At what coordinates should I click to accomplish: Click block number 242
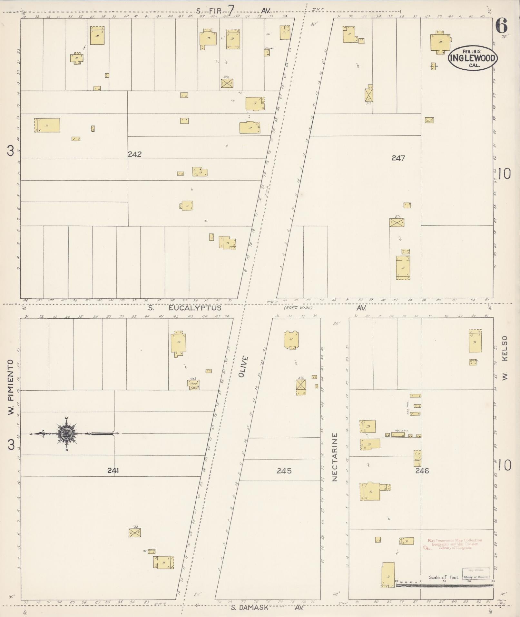[x=134, y=154]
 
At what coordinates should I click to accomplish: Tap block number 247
[x=398, y=158]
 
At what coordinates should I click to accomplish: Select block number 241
[x=113, y=471]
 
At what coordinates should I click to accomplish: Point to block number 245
[x=284, y=471]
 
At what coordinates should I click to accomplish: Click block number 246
[x=422, y=471]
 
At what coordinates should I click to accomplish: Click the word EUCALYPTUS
[x=194, y=308]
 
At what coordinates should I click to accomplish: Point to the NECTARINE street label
[x=335, y=457]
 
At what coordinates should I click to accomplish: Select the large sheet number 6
[x=502, y=26]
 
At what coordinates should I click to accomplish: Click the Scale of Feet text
[x=444, y=577]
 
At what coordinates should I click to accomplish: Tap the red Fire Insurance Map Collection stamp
[x=455, y=544]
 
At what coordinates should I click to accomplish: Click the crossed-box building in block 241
[x=135, y=533]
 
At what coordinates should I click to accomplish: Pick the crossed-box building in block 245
[x=301, y=384]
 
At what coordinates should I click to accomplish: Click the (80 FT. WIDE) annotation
[x=298, y=308]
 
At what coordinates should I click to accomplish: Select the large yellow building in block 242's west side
[x=47, y=125]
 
